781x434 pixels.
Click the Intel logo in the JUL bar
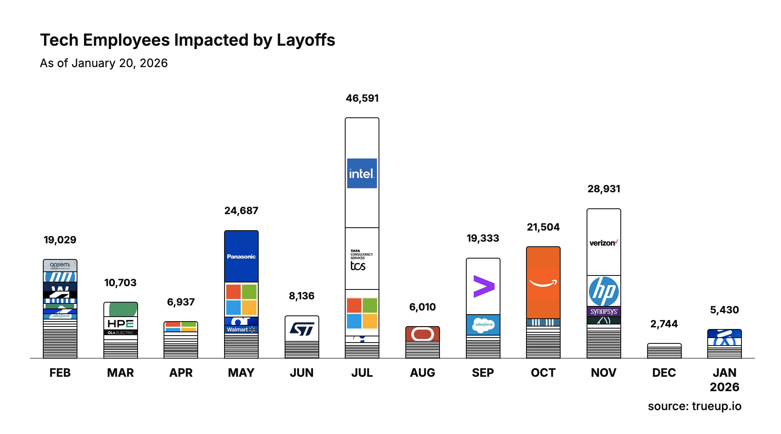362,173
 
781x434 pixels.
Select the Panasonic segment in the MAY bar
241,257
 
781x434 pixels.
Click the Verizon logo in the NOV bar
603,243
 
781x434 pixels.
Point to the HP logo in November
603,291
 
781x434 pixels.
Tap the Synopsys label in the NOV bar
603,311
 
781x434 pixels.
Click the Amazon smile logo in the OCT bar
543,283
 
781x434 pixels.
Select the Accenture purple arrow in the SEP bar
483,286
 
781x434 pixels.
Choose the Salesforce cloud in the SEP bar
483,325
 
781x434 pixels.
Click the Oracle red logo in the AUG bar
422,334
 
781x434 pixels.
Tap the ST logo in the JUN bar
302,329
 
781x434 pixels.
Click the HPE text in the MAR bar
120,324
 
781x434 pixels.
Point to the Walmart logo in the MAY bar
241,329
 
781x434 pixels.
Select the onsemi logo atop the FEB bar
60,265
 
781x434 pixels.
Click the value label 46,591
362,98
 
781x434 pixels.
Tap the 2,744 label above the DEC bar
664,324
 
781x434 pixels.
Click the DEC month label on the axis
664,373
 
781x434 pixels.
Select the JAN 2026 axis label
724,380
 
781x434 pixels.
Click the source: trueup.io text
694,406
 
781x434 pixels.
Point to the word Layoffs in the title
306,40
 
